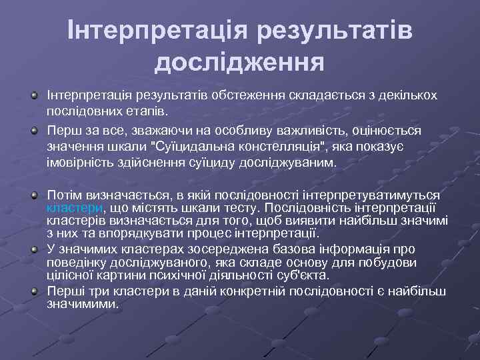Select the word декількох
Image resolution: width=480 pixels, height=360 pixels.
[403, 95]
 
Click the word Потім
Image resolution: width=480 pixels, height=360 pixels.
[63, 195]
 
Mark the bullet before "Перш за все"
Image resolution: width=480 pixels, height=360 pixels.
[33, 129]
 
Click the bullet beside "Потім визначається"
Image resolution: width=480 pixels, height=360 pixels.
[33, 195]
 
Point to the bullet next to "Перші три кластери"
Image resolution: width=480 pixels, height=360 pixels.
[33, 291]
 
